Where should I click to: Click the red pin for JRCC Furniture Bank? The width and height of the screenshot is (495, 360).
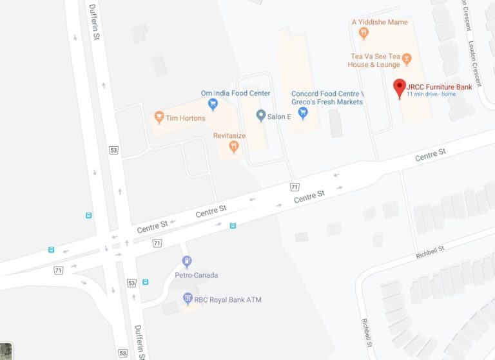tap(399, 88)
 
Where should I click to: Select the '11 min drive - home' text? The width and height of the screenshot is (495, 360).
tap(431, 95)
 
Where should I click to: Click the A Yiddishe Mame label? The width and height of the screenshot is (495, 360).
tap(380, 22)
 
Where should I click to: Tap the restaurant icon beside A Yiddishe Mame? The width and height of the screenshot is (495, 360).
tap(364, 32)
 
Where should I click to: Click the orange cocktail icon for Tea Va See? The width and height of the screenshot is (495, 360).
tap(407, 60)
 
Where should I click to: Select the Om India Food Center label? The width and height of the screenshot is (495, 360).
tap(235, 93)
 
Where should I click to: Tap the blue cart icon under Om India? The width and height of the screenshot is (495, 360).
tap(213, 104)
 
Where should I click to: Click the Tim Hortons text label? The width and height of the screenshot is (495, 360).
tap(186, 118)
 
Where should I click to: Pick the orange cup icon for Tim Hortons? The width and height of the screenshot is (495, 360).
tap(159, 118)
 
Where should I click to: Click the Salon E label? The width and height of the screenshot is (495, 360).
tap(280, 116)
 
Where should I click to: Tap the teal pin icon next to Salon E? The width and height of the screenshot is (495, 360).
tap(261, 116)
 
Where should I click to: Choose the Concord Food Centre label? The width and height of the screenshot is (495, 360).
tap(327, 97)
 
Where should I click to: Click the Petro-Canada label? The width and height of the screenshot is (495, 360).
tap(197, 275)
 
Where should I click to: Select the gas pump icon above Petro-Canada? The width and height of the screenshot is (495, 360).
tap(188, 262)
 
